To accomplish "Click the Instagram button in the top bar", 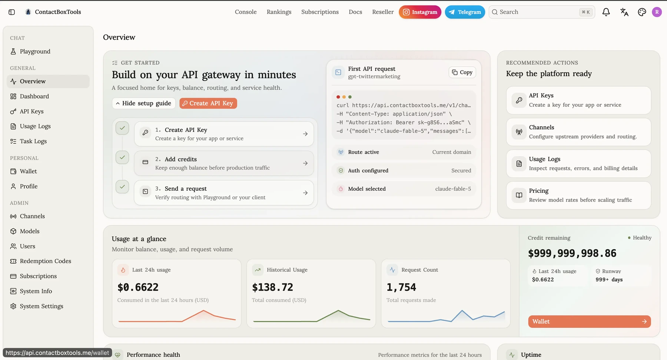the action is (420, 12).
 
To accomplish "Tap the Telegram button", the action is (465, 12).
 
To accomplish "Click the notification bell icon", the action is (606, 12).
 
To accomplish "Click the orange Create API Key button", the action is (208, 103).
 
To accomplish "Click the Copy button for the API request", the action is (462, 72).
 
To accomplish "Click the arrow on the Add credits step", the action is (305, 163).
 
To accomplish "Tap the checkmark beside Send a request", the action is (122, 187).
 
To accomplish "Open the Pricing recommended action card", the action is (578, 195).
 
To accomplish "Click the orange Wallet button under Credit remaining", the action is (589, 321).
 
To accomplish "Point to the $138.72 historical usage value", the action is (272, 287).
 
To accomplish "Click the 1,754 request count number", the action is (401, 287).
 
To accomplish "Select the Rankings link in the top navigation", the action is (279, 12).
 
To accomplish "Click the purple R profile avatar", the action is (657, 12).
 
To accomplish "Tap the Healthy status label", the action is (642, 238).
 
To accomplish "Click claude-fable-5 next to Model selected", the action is (453, 189).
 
